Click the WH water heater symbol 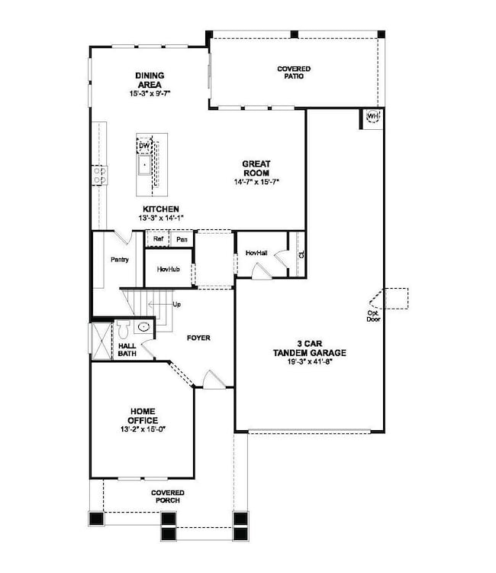pyautogui.click(x=372, y=117)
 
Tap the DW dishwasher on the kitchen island pyautogui.click(x=144, y=146)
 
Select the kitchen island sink pyautogui.click(x=144, y=165)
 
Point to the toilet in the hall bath pyautogui.click(x=123, y=329)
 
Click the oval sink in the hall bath pyautogui.click(x=143, y=327)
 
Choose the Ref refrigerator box pyautogui.click(x=158, y=239)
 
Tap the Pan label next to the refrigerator pyautogui.click(x=182, y=239)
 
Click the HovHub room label pyautogui.click(x=168, y=270)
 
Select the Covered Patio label pyautogui.click(x=294, y=73)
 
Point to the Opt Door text pyautogui.click(x=373, y=316)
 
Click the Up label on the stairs pyautogui.click(x=176, y=304)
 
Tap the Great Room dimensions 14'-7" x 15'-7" pyautogui.click(x=256, y=181)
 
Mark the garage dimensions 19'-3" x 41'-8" pyautogui.click(x=310, y=362)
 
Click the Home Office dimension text pyautogui.click(x=143, y=429)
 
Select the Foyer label pyautogui.click(x=198, y=338)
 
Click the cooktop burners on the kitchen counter pyautogui.click(x=99, y=176)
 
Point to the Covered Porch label pyautogui.click(x=168, y=497)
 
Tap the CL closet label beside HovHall pyautogui.click(x=301, y=254)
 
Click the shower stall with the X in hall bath pyautogui.click(x=101, y=341)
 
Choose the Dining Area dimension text pyautogui.click(x=150, y=93)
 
